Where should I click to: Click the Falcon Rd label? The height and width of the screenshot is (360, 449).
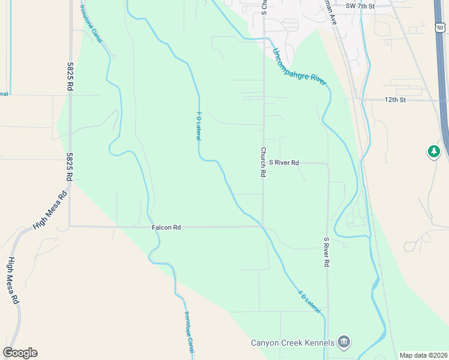coord(166,227)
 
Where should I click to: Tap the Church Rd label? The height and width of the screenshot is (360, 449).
coord(263,162)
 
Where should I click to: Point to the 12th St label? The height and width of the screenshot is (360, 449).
coord(395,99)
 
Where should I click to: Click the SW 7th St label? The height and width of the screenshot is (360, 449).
coord(360,5)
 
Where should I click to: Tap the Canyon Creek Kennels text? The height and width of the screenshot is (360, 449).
coord(292,343)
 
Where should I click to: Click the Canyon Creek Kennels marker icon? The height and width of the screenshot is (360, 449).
coord(344,343)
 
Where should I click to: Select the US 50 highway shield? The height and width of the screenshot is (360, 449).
coord(440,27)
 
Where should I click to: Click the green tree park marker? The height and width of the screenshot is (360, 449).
coord(434,151)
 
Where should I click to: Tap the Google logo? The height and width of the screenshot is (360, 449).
coord(20,353)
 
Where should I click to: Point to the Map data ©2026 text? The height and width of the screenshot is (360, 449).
coord(423,355)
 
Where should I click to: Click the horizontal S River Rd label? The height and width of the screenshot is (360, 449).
coord(284,162)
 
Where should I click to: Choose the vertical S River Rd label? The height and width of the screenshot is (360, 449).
coord(327,252)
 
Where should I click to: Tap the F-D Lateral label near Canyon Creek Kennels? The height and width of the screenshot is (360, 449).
coord(309,302)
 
